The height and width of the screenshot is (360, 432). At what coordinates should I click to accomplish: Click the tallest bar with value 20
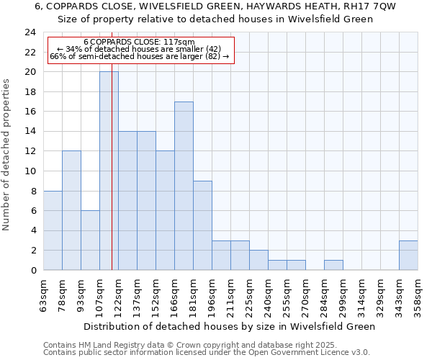[109, 171]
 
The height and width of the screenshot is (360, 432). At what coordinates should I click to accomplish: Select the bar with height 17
[184, 186]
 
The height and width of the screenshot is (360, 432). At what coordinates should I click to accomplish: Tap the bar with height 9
[202, 225]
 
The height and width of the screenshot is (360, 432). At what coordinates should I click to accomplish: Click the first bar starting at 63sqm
[53, 230]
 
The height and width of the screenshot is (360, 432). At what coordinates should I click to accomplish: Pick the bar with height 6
[90, 240]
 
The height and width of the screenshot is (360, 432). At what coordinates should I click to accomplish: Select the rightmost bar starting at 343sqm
[408, 256]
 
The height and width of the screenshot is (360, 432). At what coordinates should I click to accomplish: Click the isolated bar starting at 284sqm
[333, 265]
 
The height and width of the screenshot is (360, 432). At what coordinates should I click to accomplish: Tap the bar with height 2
[258, 260]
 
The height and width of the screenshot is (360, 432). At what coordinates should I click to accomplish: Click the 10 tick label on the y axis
[30, 171]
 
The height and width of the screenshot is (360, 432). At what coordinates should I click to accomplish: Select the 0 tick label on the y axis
[33, 271]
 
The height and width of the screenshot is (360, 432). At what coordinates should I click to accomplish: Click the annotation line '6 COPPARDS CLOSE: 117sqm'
[139, 42]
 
